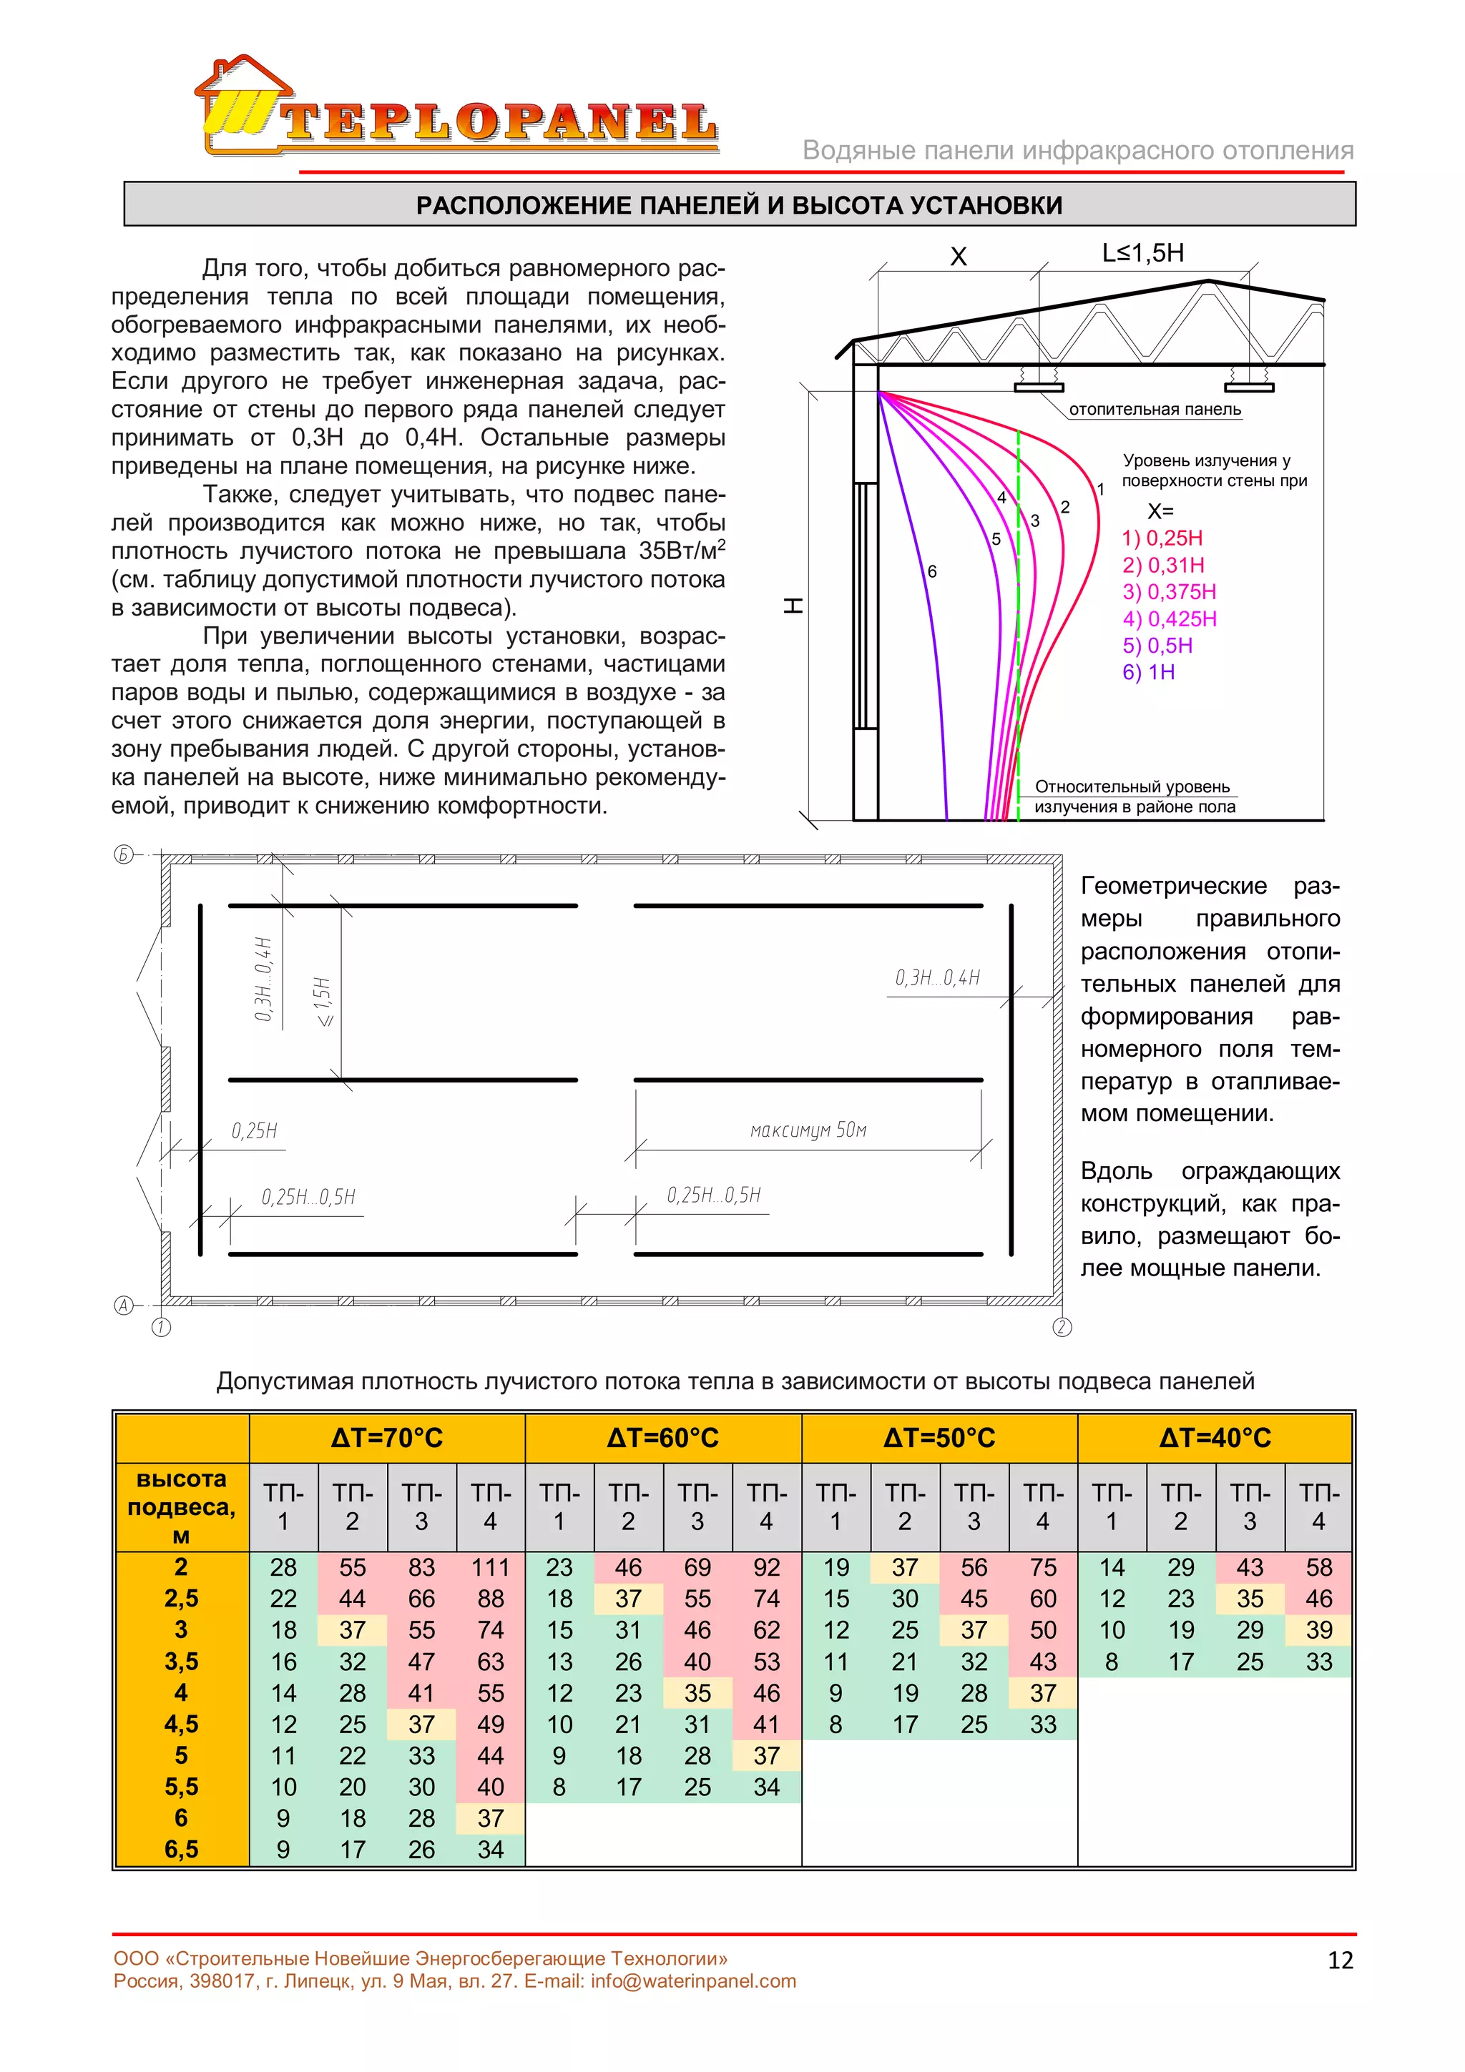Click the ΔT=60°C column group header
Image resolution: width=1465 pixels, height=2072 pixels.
(662, 1438)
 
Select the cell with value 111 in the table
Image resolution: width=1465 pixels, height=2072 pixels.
(490, 1567)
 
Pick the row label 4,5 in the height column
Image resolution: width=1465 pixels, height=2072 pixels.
(182, 1725)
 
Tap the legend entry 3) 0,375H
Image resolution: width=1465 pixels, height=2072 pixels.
(1169, 592)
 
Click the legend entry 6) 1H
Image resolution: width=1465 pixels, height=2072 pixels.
(1148, 672)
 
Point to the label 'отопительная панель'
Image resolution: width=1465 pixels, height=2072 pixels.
(1155, 410)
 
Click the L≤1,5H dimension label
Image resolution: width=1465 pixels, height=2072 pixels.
(1143, 254)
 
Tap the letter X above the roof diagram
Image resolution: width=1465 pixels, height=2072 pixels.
(958, 257)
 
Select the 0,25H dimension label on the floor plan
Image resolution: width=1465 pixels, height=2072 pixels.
(255, 1132)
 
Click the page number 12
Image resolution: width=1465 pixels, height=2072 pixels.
(1341, 1960)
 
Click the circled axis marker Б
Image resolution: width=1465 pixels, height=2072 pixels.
(124, 854)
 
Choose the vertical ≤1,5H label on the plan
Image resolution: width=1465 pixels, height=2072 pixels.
(322, 1001)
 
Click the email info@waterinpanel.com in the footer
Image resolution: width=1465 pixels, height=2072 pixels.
(693, 1982)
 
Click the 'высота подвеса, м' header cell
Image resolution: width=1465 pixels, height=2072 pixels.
(182, 1506)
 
